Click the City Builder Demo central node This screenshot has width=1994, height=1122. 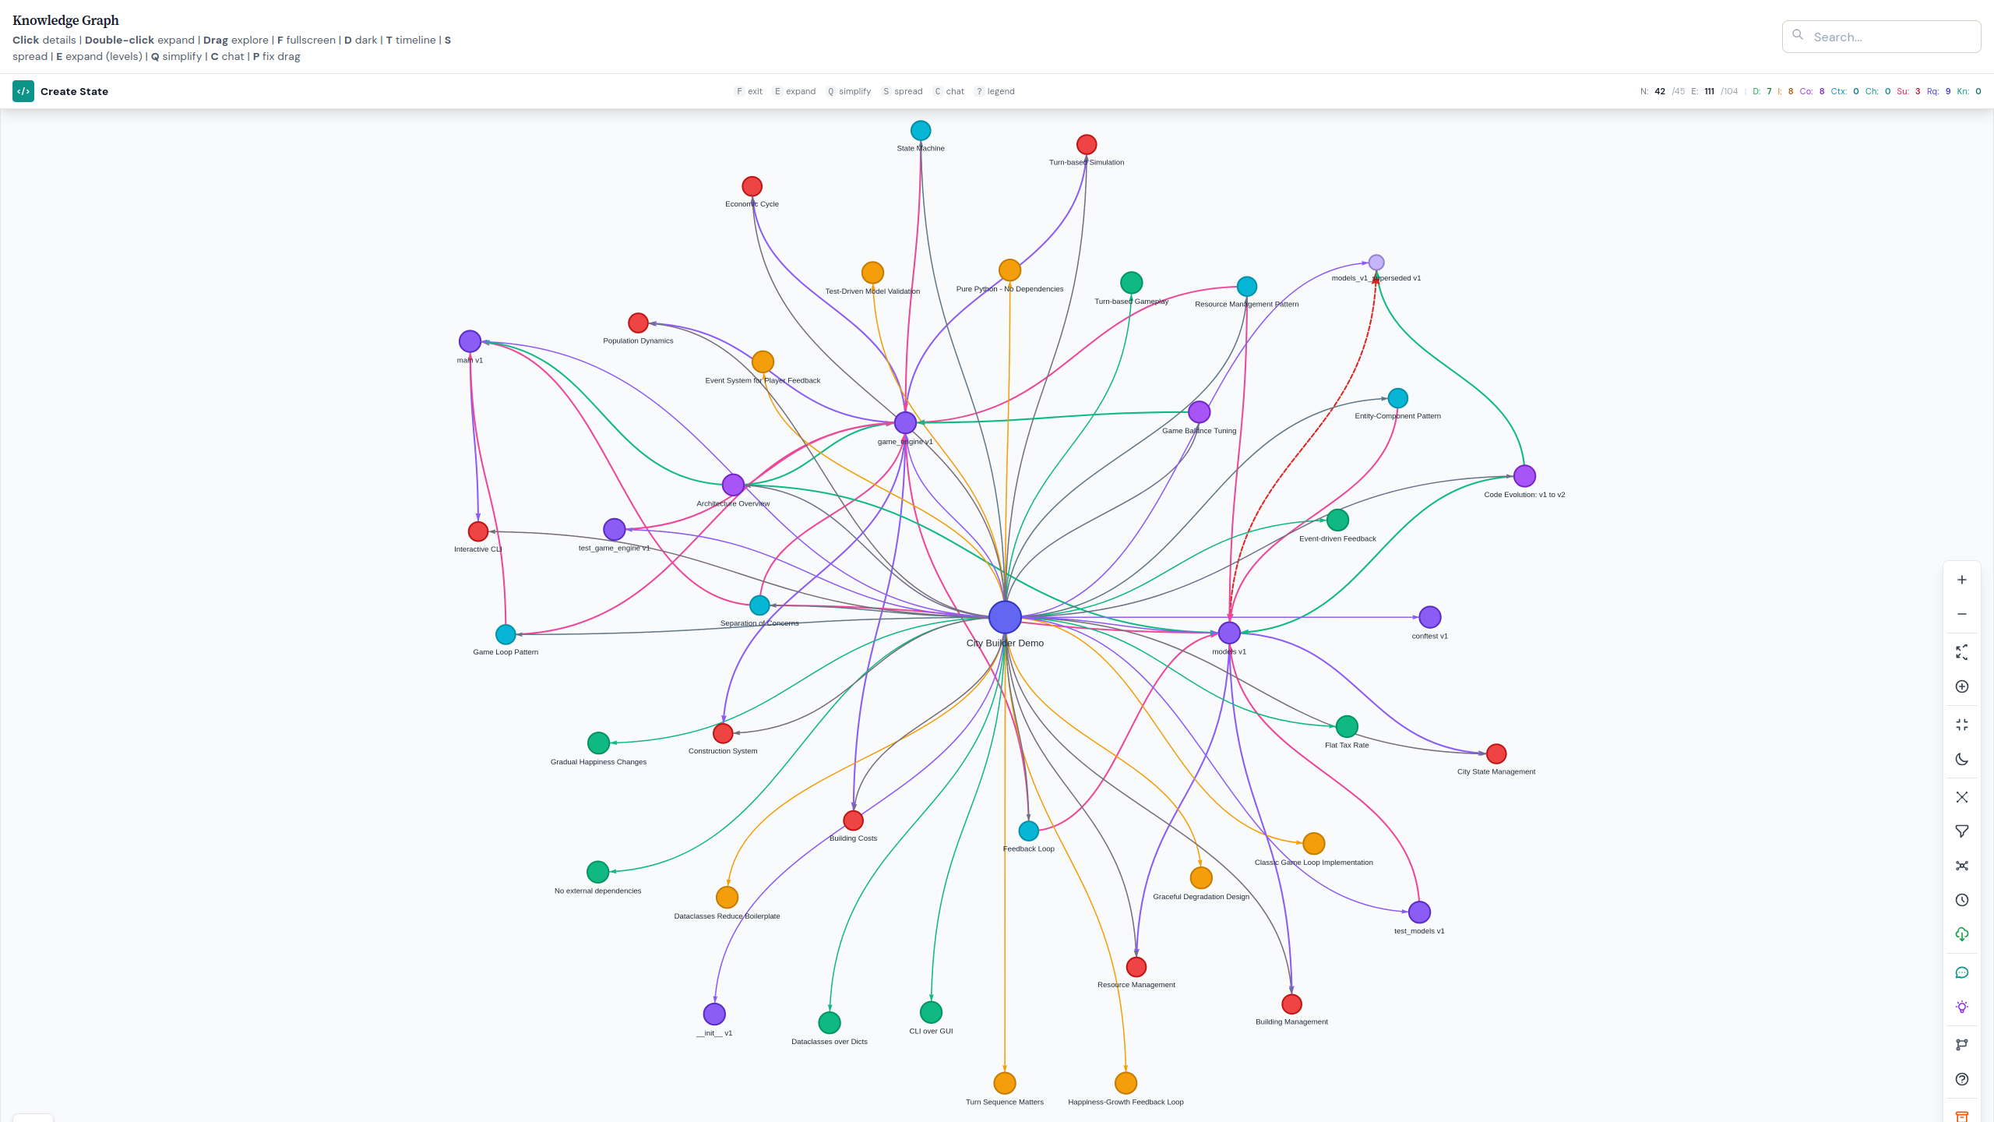pyautogui.click(x=1005, y=617)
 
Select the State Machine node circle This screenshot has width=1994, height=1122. pyautogui.click(x=921, y=130)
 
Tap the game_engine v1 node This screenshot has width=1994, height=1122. pyautogui.click(x=905, y=422)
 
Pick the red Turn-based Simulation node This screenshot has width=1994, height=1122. pyautogui.click(x=1087, y=144)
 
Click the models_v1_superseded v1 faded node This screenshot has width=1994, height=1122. pyautogui.click(x=1376, y=263)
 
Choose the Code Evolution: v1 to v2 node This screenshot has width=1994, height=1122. pyautogui.click(x=1524, y=475)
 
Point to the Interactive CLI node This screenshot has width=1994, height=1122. pyautogui.click(x=478, y=531)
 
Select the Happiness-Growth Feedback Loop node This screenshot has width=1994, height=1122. pyautogui.click(x=1126, y=1083)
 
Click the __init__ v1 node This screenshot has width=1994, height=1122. pyautogui.click(x=714, y=1014)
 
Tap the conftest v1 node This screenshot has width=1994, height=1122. pyautogui.click(x=1430, y=617)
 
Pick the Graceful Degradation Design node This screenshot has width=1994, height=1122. pyautogui.click(x=1201, y=878)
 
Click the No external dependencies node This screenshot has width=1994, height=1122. pyautogui.click(x=597, y=872)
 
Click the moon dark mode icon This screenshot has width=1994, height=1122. pyautogui.click(x=1962, y=760)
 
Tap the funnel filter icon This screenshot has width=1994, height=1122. pyautogui.click(x=1962, y=831)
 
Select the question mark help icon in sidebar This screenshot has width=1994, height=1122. pyautogui.click(x=1962, y=1079)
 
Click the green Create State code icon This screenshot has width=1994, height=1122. pyautogui.click(x=23, y=91)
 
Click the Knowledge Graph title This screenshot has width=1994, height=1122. pyautogui.click(x=65, y=20)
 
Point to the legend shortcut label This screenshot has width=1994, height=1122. pyautogui.click(x=1001, y=91)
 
